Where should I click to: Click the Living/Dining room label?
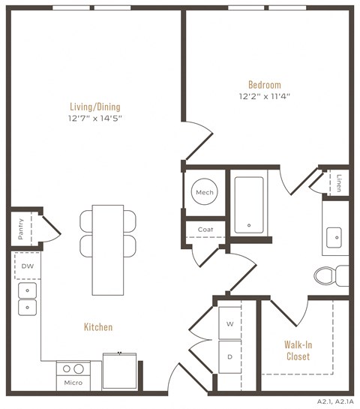coord(95,107)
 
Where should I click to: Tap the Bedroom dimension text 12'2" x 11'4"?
coord(265,96)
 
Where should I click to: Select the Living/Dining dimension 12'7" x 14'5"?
coord(95,118)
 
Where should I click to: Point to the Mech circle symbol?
coord(205,193)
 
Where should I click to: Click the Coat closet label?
coord(205,230)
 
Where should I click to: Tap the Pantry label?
coord(20,228)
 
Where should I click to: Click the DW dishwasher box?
coord(27,266)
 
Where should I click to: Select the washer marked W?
coord(229,324)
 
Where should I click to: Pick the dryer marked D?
coord(229,356)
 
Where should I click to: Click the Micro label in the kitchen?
coord(73,383)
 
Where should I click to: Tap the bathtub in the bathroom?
coord(248,204)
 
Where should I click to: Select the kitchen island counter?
coord(109,250)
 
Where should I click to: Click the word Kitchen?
coord(98,326)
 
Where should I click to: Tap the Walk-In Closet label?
coord(298,350)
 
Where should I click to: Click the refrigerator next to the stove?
coord(120,370)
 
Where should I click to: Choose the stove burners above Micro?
coord(73,369)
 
